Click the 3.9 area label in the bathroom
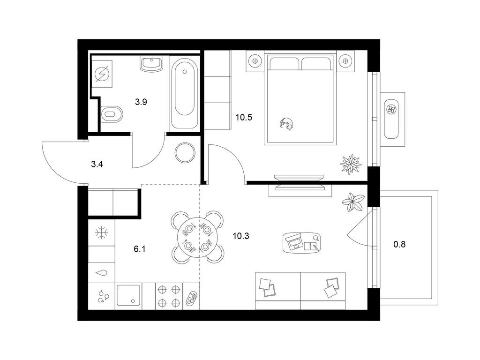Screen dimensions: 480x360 point(141,102)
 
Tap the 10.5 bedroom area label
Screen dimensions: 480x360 point(244,117)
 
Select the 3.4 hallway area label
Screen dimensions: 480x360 point(97,165)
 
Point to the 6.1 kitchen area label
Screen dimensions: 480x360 point(140,249)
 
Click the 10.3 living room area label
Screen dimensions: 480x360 point(241,236)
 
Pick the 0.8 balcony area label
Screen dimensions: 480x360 point(399,244)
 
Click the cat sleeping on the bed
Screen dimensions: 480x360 point(286,124)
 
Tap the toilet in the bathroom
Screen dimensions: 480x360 point(112,114)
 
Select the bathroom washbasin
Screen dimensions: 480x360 point(151,64)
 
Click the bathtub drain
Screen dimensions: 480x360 point(184,72)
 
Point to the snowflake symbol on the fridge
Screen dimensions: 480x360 point(101,233)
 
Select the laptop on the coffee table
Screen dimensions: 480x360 point(294,241)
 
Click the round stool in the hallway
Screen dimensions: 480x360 point(185,153)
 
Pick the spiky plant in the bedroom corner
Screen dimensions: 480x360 point(351,164)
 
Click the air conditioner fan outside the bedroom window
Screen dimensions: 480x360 point(391,109)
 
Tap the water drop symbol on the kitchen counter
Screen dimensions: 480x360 point(102,273)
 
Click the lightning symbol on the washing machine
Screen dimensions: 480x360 point(102,74)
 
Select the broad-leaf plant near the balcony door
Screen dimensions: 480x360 point(353,202)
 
